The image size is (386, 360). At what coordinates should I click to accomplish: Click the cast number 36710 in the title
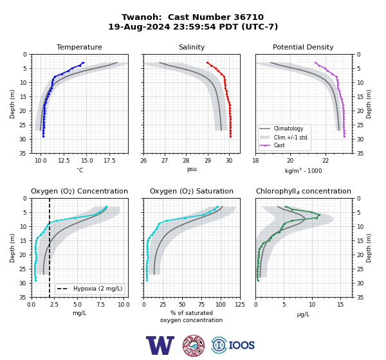(248, 17)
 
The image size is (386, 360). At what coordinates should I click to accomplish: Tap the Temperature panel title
(79, 47)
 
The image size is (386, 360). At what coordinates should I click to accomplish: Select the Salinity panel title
(192, 47)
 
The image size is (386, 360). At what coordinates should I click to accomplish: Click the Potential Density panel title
(303, 47)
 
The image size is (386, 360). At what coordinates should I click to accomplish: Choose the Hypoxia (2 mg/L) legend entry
(89, 289)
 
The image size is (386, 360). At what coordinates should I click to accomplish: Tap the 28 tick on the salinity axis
(186, 161)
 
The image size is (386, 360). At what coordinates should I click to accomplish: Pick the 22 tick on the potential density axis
(326, 161)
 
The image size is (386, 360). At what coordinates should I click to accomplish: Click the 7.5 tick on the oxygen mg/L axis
(100, 305)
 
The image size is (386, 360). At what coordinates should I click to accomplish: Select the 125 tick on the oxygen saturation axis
(240, 305)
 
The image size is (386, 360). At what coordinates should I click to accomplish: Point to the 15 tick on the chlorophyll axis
(340, 305)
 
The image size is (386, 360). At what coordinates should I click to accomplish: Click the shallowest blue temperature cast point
(83, 63)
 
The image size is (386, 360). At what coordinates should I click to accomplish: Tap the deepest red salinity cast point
(231, 136)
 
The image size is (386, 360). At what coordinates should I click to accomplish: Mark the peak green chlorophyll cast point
(319, 215)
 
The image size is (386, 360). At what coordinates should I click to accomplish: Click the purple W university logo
(160, 345)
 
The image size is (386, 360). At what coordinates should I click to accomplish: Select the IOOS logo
(233, 345)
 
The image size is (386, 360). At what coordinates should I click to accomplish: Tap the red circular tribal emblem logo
(194, 345)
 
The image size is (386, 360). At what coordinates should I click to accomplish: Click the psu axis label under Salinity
(192, 170)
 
